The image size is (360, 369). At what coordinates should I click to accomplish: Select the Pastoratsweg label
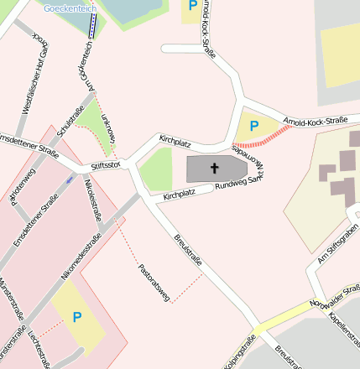[154, 282]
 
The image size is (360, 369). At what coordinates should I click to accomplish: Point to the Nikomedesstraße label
[81, 257]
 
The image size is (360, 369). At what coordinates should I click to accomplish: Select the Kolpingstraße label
[244, 352]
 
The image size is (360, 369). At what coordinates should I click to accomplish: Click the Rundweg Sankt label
[234, 185]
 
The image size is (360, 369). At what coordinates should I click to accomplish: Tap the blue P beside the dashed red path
[254, 127]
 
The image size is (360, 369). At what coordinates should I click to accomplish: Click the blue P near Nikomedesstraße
[77, 317]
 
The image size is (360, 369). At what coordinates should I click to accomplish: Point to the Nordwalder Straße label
[335, 295]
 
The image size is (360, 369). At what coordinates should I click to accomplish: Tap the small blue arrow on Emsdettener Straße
[69, 179]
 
